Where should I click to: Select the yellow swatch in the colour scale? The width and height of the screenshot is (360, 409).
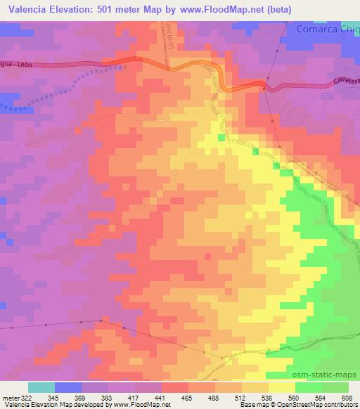[x=282, y=387]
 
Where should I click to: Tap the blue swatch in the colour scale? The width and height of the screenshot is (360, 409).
[x=68, y=387]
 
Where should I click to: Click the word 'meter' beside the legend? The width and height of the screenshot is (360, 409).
[x=11, y=397]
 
